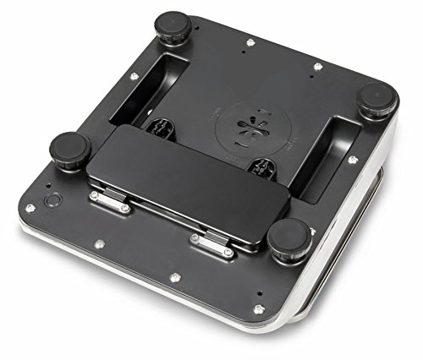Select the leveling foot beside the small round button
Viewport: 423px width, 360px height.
point(69,151)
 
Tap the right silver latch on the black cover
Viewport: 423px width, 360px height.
point(211,244)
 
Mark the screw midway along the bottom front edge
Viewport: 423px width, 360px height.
point(173,275)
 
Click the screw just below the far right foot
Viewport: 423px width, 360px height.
point(351,158)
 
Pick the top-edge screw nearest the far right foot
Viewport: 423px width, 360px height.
point(317,66)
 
